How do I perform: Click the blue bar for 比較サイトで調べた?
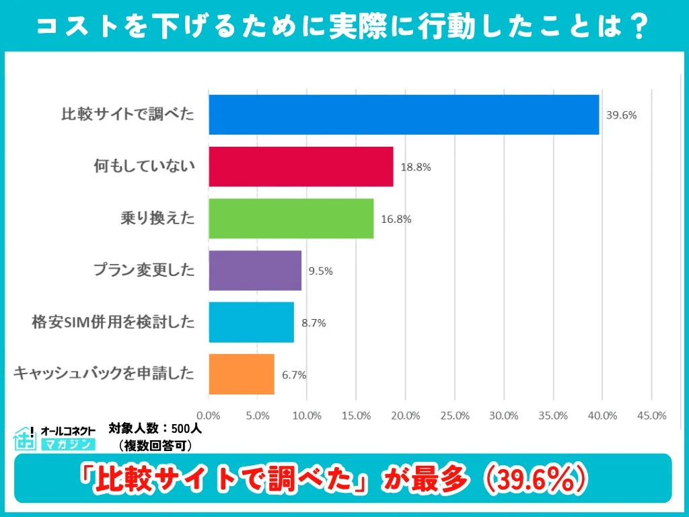click(x=404, y=114)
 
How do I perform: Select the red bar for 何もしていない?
click(x=301, y=166)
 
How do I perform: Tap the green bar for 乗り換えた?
click(x=291, y=218)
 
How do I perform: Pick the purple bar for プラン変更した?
click(x=255, y=271)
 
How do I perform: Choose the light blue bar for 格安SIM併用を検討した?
click(x=251, y=322)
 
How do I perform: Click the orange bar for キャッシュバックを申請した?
click(x=242, y=374)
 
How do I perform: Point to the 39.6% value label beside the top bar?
click(x=621, y=115)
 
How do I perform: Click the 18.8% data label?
click(x=416, y=167)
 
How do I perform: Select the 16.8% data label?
click(x=396, y=219)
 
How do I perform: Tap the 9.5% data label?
click(x=320, y=271)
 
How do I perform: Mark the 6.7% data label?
click(x=293, y=375)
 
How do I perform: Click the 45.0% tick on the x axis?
click(x=651, y=415)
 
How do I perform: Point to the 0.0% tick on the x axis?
click(x=209, y=415)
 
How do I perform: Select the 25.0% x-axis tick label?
click(x=455, y=415)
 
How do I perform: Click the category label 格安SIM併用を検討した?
click(x=113, y=322)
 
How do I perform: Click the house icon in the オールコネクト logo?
click(x=25, y=438)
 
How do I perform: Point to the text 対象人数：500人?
click(x=155, y=428)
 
